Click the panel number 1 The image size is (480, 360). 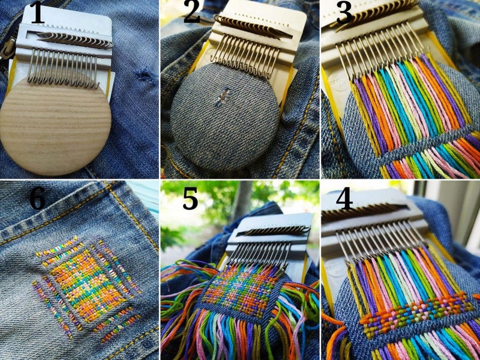(37, 13)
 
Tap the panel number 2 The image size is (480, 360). (191, 13)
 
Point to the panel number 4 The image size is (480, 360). (344, 199)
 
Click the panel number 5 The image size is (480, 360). (190, 199)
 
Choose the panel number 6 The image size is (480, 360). (37, 199)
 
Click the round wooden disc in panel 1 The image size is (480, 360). (55, 125)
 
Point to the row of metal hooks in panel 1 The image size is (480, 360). (63, 67)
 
